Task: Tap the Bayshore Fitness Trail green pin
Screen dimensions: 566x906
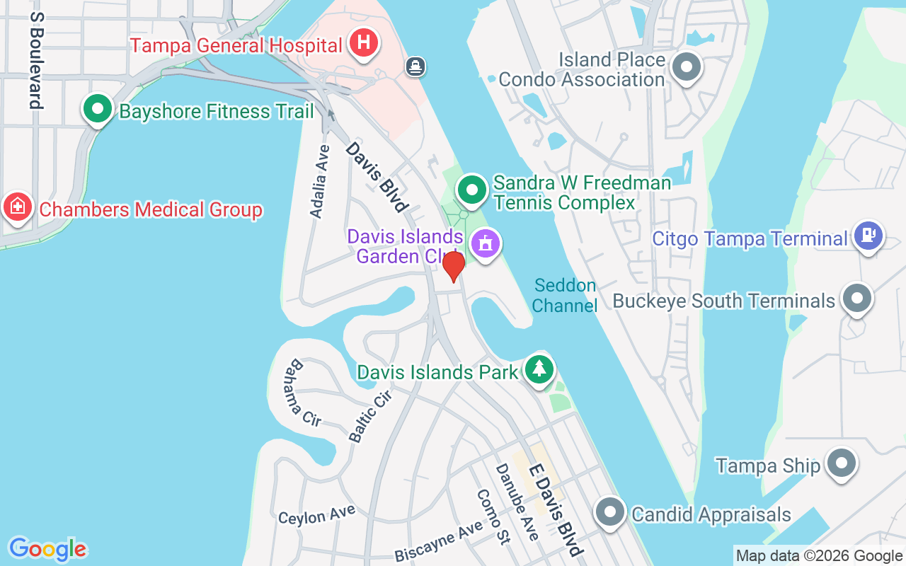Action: (x=98, y=110)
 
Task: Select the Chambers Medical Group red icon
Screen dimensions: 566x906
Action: (x=18, y=207)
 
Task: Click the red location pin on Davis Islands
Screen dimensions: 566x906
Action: (x=453, y=266)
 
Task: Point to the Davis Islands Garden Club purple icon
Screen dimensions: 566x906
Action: (x=485, y=245)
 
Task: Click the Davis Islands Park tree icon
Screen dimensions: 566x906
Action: (x=539, y=369)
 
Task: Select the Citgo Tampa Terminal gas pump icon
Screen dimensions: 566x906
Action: (x=868, y=236)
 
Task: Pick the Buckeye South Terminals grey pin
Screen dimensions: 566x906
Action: (x=856, y=299)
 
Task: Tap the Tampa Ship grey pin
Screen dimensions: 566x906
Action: (x=841, y=463)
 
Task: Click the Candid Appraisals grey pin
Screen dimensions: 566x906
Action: (x=609, y=512)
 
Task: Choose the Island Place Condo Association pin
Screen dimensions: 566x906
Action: (x=685, y=69)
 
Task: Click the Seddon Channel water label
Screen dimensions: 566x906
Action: (x=565, y=295)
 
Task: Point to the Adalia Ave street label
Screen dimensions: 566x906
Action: (x=320, y=180)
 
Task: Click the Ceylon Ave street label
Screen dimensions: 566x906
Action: (x=316, y=516)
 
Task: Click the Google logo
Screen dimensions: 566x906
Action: (x=47, y=549)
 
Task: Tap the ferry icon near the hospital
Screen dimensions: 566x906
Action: (x=415, y=67)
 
